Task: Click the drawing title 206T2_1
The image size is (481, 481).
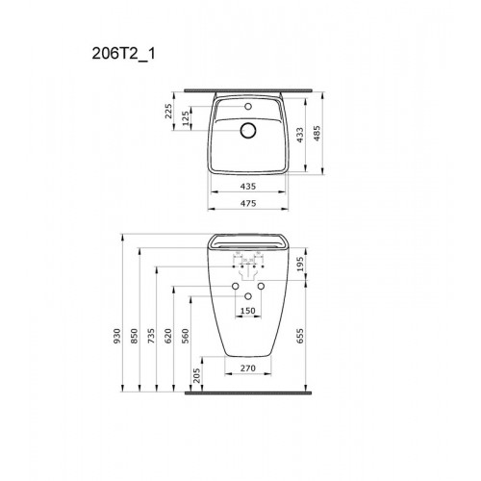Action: point(123,54)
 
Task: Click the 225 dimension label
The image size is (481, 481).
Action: point(168,111)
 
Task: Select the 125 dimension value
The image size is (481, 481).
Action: point(186,119)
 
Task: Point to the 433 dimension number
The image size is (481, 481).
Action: point(299,136)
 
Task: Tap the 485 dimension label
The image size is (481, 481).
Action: point(316,134)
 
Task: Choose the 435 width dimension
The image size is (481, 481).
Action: point(248,186)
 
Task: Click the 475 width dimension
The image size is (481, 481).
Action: point(248,203)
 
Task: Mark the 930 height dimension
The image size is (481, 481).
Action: point(117,336)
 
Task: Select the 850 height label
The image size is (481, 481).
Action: point(135,336)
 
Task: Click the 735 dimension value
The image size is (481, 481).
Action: point(151,336)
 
